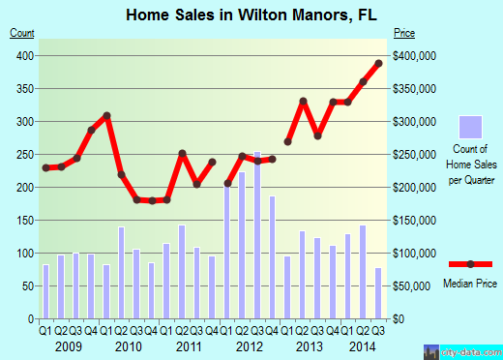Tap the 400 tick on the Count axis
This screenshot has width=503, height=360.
coord(22,55)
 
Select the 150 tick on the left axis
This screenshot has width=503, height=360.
coord(22,220)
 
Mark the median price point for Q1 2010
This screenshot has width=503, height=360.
coord(107,115)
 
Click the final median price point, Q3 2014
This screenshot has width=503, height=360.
coord(379,64)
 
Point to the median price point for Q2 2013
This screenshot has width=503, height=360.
coord(303,101)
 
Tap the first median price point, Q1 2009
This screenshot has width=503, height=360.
coord(46,167)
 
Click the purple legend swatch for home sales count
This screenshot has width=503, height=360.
coord(470,130)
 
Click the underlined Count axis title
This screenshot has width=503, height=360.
coord(21,33)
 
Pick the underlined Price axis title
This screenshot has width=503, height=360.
coord(403,33)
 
